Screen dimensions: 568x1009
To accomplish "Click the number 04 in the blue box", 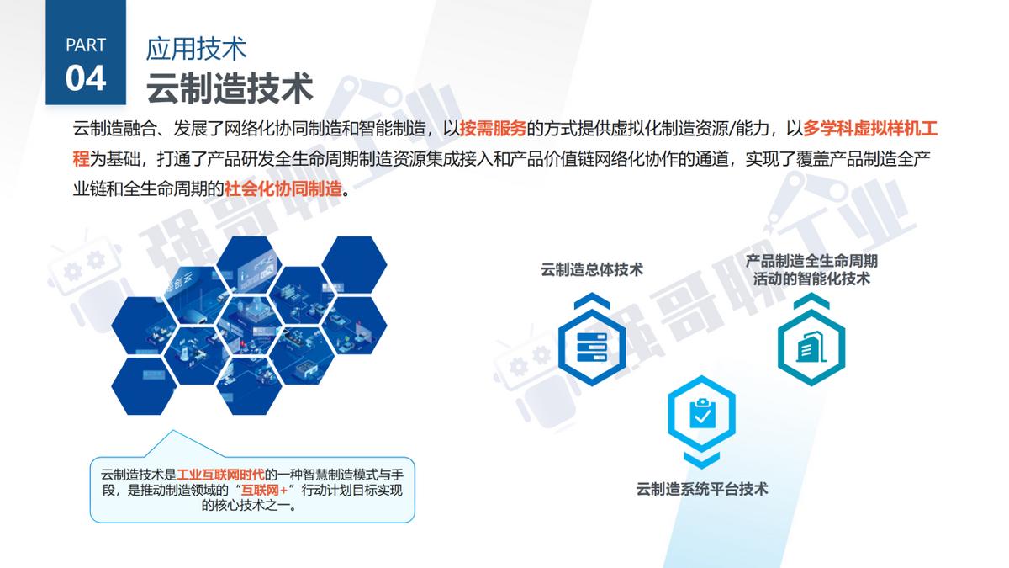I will click(86, 78).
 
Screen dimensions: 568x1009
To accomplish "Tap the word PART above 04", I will click(86, 45).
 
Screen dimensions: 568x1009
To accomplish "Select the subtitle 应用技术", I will click(196, 48).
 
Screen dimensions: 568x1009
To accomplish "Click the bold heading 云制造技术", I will click(230, 88).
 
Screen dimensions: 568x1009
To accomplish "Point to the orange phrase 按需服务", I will click(493, 130).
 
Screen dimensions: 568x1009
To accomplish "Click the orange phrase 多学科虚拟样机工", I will click(870, 130).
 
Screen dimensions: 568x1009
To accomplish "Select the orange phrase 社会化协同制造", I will click(283, 188).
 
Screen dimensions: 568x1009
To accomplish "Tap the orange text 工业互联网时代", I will click(221, 474).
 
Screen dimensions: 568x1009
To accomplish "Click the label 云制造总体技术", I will click(592, 269).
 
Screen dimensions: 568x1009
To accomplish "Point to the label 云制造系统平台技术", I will click(702, 489).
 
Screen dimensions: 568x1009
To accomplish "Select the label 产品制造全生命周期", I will click(811, 261).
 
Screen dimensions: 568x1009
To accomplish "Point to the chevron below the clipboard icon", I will click(702, 459).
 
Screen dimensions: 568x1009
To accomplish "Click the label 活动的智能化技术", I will click(811, 279).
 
